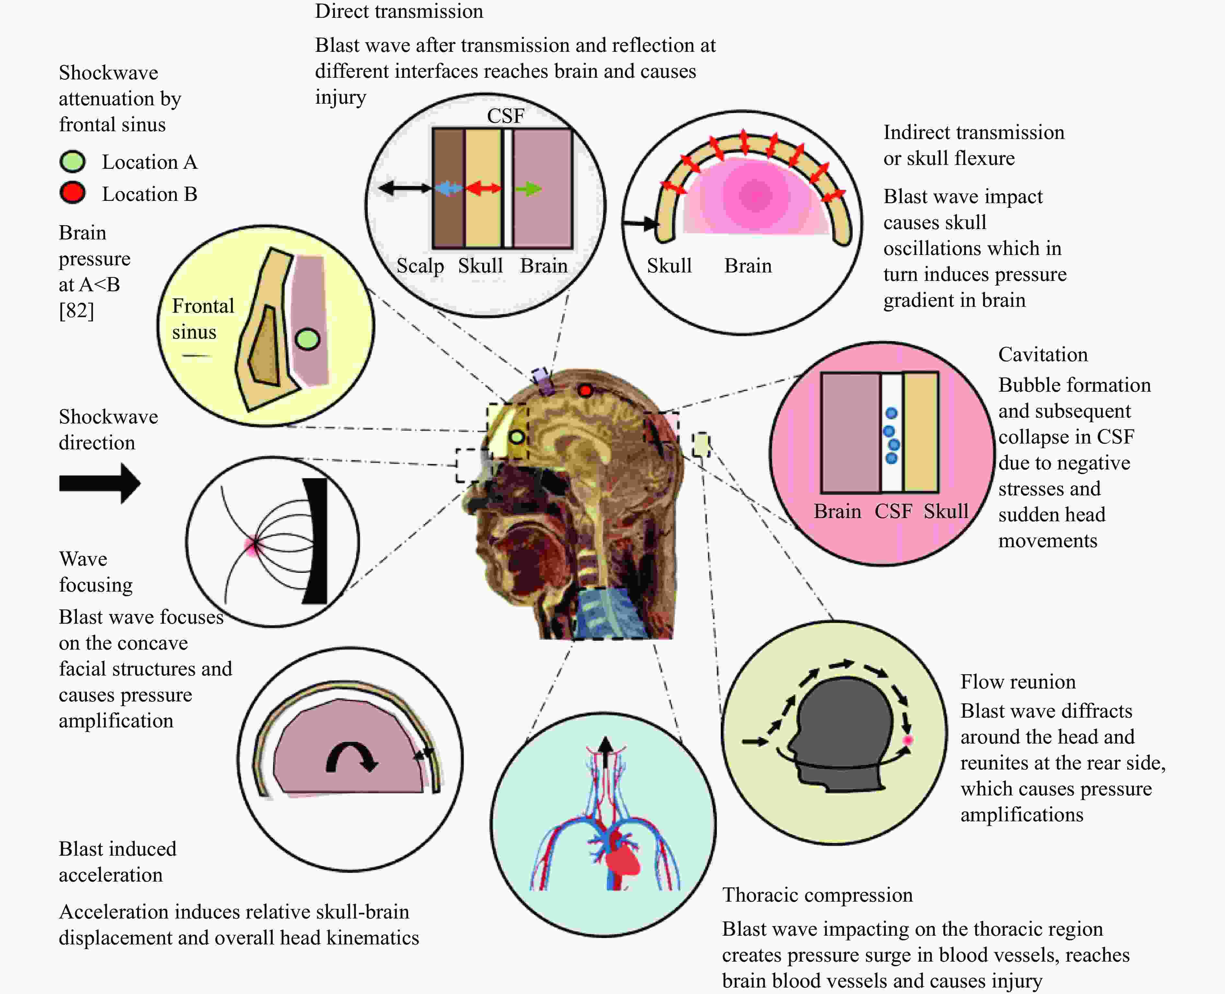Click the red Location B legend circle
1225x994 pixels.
(73, 193)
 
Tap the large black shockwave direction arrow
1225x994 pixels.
(99, 483)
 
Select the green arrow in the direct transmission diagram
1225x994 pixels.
(528, 188)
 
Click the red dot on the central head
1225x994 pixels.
(585, 390)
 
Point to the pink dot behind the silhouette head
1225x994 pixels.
(908, 740)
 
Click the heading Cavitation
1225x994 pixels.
(1043, 354)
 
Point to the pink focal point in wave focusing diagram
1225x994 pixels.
(252, 545)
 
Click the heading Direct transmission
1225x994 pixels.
(399, 11)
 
